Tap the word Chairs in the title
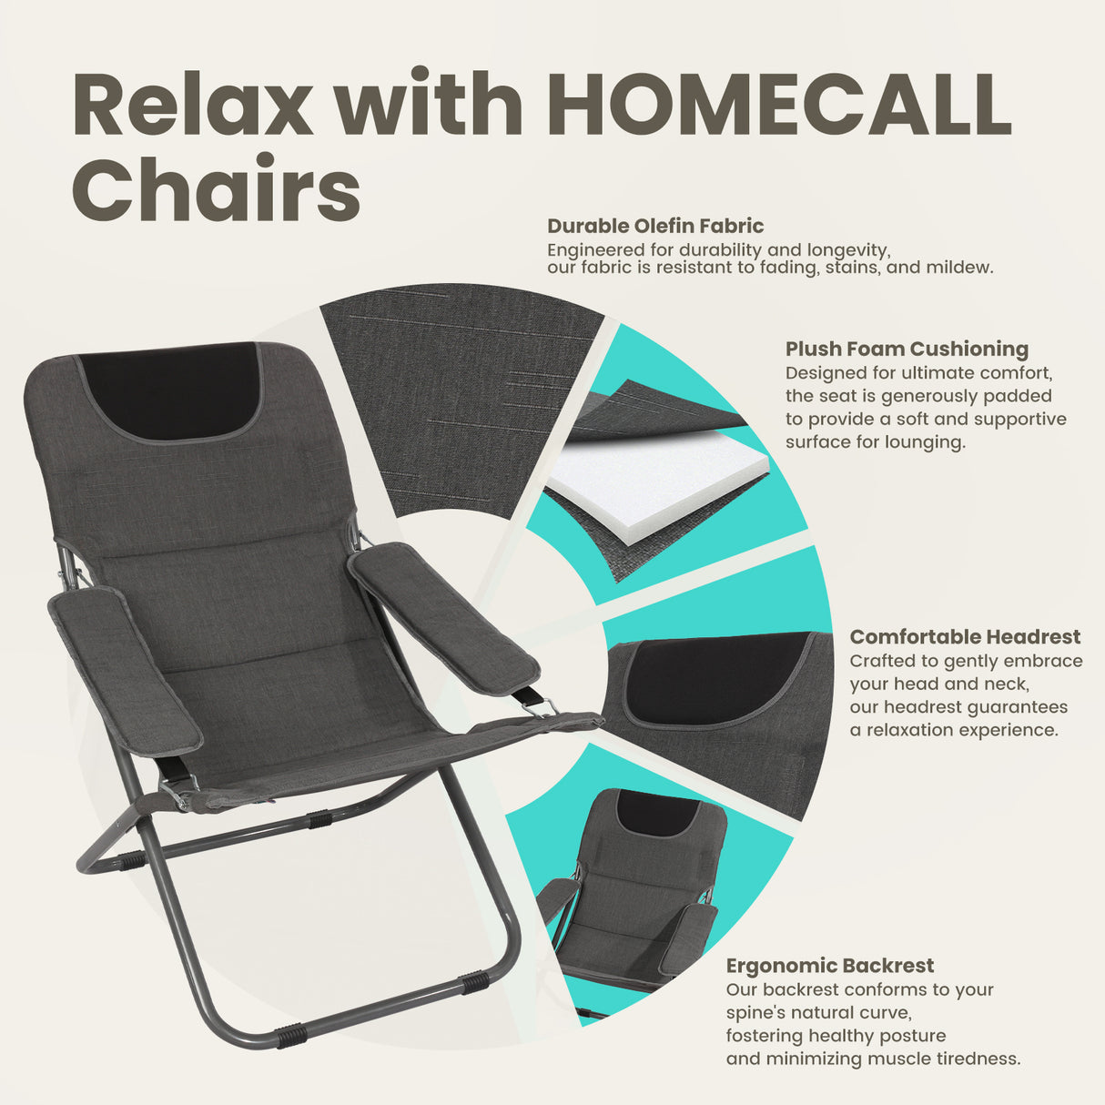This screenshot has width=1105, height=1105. point(217,189)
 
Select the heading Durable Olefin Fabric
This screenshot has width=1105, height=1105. point(655,226)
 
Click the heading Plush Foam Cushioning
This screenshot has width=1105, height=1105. point(907,349)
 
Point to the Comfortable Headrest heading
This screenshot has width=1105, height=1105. point(965,637)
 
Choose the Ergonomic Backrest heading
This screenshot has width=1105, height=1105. point(829,966)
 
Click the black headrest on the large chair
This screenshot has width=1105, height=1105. point(171,390)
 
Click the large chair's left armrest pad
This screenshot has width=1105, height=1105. point(125,669)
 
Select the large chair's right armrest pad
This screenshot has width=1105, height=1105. point(444,616)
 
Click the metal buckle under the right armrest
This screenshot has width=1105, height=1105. point(537,703)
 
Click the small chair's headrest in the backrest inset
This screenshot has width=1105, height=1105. point(654,814)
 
